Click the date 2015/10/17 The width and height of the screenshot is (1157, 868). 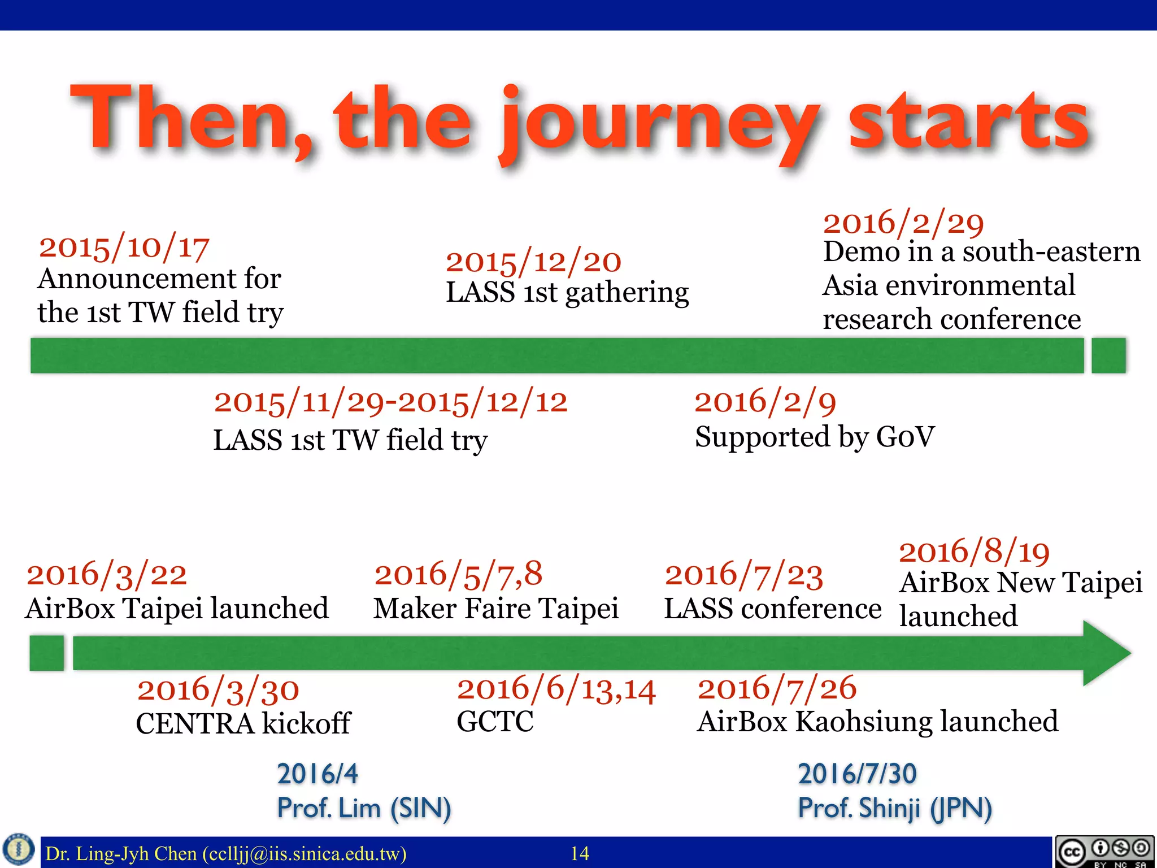(x=124, y=248)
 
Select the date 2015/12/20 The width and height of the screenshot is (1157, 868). (x=533, y=262)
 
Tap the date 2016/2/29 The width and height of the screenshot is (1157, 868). (x=903, y=223)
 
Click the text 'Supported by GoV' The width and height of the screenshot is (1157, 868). (x=814, y=437)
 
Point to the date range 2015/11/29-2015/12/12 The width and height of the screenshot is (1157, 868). (x=390, y=402)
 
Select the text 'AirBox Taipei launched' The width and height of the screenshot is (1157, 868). (x=177, y=609)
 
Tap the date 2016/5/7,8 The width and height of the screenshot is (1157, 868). (x=458, y=574)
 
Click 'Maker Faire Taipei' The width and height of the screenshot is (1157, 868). (x=495, y=609)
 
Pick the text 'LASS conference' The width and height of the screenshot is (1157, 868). (x=772, y=609)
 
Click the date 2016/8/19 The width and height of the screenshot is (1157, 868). (x=974, y=552)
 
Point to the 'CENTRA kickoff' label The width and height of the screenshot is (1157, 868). (x=243, y=724)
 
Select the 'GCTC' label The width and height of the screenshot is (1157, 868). (x=495, y=722)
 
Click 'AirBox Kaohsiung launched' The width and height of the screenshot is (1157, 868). (x=877, y=722)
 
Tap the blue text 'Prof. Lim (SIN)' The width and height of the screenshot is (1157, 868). (x=364, y=808)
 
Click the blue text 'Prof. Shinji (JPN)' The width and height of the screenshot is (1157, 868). (x=894, y=808)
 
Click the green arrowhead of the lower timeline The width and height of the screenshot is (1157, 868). (x=1104, y=653)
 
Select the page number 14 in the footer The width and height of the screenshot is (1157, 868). (x=580, y=853)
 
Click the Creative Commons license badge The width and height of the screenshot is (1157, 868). (x=1104, y=852)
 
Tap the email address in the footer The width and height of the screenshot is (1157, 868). (x=305, y=853)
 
